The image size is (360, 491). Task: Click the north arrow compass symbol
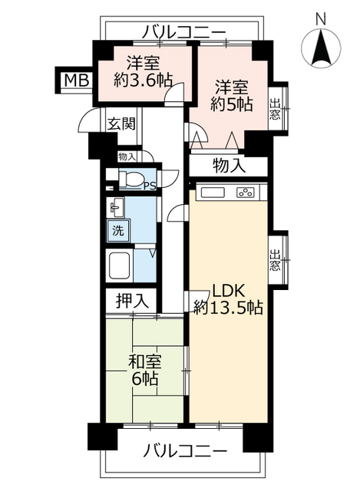tap(321, 50)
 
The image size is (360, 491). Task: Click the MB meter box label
tap(75, 80)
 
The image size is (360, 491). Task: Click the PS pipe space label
tap(150, 185)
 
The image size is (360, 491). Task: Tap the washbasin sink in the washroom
tap(117, 208)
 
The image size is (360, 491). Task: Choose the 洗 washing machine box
tap(119, 230)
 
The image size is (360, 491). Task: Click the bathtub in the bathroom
tap(121, 266)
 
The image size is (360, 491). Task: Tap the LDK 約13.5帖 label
tap(228, 299)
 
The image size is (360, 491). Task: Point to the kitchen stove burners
tap(246, 193)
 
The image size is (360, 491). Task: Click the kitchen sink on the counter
tap(212, 192)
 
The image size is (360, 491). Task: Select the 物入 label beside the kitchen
tap(229, 164)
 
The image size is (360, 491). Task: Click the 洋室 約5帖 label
tap(232, 96)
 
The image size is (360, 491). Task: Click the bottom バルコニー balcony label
tap(184, 450)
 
